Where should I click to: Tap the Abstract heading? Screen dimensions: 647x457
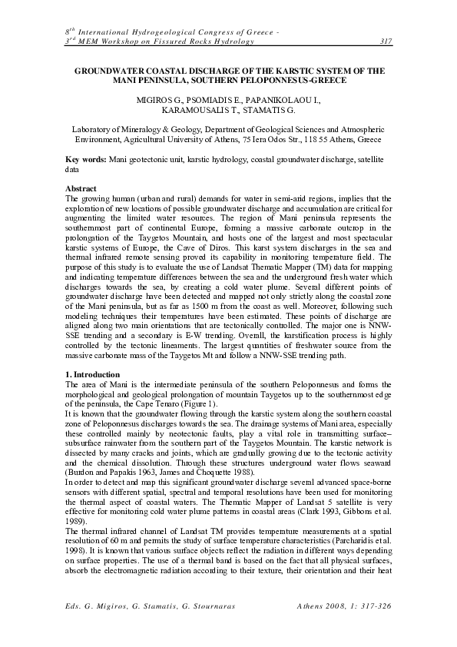(x=81, y=188)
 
